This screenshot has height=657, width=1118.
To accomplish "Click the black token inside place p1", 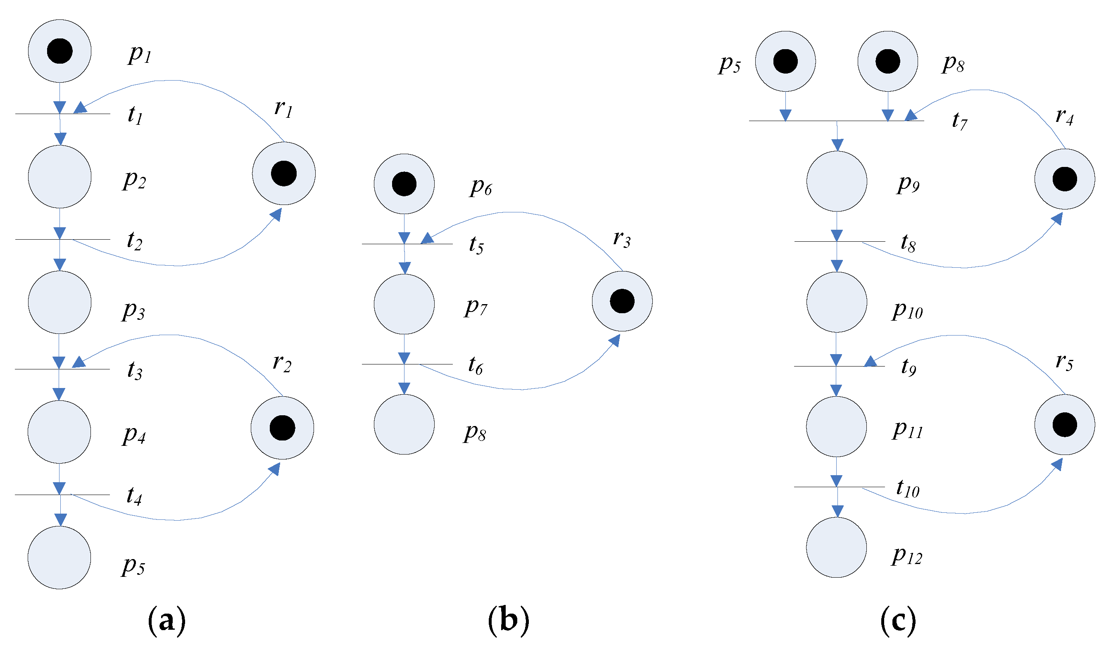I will point(60,51).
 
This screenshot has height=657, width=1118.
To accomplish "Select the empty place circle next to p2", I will point(60,177).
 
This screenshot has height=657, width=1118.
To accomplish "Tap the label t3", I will point(135,370).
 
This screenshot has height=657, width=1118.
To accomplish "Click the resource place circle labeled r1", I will point(284,174).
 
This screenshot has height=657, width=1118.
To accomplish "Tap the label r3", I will point(622,240).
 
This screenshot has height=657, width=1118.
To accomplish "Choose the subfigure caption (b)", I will point(509,621).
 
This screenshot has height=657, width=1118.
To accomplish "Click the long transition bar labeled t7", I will point(837,121).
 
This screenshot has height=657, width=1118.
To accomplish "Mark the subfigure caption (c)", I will point(898,621).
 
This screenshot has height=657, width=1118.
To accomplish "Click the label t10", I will point(908,489).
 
